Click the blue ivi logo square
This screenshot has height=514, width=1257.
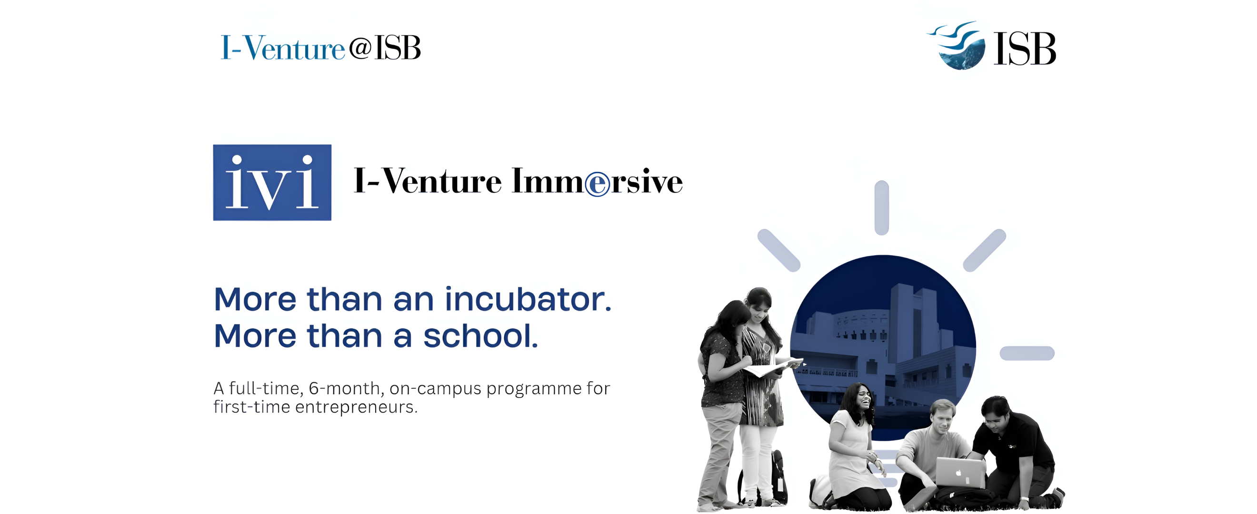272,182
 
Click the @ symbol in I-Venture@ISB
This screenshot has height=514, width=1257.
360,48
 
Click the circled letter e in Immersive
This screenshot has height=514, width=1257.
597,184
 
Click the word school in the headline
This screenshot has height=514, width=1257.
480,336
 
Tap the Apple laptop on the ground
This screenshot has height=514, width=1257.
960,472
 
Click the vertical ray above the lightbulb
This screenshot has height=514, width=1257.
881,207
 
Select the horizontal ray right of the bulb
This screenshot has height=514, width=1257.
1027,353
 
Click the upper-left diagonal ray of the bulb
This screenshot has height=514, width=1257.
778,250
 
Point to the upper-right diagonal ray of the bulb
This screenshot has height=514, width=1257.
984,250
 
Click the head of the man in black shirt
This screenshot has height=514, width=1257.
995,411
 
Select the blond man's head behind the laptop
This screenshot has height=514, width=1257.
942,415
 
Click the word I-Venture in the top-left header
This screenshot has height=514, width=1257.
282,48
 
